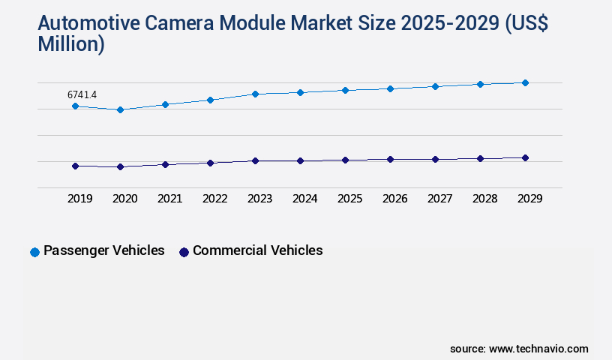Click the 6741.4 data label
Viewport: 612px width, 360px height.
click(x=82, y=94)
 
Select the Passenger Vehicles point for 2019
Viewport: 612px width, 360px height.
click(x=75, y=106)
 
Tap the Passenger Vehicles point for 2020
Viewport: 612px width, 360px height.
click(x=120, y=109)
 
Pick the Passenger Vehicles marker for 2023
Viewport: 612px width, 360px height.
click(x=255, y=94)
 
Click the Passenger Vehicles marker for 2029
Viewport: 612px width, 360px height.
click(x=525, y=82)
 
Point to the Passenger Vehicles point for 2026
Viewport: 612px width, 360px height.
click(x=390, y=88)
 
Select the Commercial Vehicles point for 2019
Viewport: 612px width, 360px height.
click(x=75, y=166)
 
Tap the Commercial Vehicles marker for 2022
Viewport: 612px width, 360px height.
click(x=210, y=163)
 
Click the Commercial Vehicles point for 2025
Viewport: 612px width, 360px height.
click(x=345, y=160)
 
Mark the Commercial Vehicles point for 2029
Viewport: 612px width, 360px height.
click(x=525, y=157)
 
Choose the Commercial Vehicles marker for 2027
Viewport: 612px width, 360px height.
click(x=435, y=159)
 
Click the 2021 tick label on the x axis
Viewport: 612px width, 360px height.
click(x=169, y=199)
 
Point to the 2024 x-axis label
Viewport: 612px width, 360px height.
click(x=304, y=199)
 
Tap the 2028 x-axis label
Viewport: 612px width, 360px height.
click(x=484, y=199)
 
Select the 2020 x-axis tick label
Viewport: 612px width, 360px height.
click(x=124, y=199)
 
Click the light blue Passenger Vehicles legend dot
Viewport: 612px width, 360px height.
click(x=34, y=252)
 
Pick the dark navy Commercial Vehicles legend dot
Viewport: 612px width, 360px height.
click(x=184, y=252)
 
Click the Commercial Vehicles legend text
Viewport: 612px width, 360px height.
click(x=257, y=250)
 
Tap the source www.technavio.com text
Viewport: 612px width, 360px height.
click(x=519, y=349)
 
